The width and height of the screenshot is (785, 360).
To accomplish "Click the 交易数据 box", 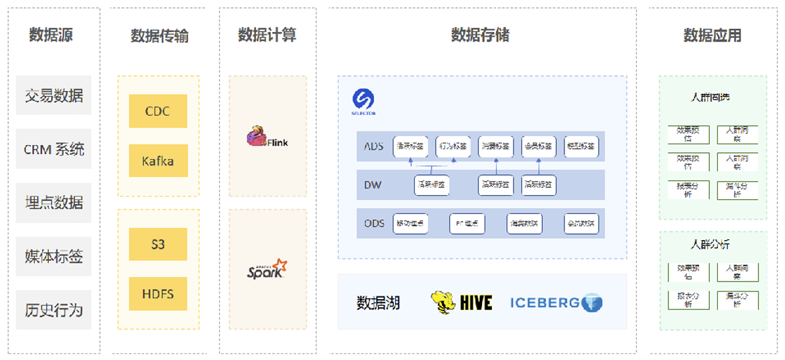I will tap(54, 95).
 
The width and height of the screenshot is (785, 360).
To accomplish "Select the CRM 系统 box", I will tap(54, 149).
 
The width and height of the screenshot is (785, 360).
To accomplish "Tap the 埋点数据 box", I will tap(54, 202).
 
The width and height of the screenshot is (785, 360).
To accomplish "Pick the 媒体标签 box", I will tap(54, 256).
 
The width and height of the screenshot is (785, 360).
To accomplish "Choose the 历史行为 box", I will tap(54, 310).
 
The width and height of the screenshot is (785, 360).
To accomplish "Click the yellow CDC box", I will tap(158, 111).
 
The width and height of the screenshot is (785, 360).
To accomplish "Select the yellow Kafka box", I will tap(158, 161).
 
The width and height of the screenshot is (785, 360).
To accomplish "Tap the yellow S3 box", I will tap(158, 244).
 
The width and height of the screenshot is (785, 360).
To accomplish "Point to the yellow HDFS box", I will tap(158, 294).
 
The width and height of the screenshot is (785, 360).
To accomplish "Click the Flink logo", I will tap(267, 137).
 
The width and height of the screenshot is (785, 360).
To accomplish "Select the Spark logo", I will tap(267, 269).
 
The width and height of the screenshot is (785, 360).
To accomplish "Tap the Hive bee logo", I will tap(461, 302).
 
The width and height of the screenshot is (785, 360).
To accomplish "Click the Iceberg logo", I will tap(556, 302).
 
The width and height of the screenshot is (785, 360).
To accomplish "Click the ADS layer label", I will tap(373, 145).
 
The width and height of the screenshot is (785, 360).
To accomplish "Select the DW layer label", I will tap(373, 184).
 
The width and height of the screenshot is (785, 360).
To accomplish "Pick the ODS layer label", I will tap(374, 223).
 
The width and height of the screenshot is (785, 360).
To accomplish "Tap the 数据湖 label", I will tap(378, 303).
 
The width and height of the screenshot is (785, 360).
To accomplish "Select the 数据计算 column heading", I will tap(267, 35).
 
